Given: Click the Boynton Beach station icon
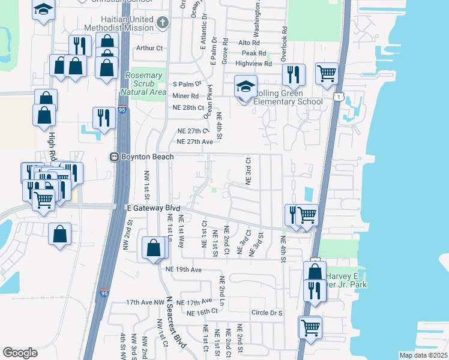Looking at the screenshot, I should [113, 157].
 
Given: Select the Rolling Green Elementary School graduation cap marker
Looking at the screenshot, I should [246, 87].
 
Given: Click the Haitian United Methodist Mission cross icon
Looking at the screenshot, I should [161, 23].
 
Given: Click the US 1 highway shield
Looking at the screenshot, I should [340, 97].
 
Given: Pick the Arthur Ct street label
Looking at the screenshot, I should [149, 48].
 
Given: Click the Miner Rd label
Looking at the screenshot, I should [185, 96].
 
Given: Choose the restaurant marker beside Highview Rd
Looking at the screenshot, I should [294, 74].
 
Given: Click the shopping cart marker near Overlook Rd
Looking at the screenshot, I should [327, 73].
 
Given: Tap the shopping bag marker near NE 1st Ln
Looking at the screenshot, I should [154, 247].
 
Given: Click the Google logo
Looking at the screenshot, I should [20, 353].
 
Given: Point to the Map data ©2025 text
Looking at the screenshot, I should [423, 355].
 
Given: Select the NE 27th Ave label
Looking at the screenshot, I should [195, 142].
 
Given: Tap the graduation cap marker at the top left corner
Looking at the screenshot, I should [43, 10].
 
